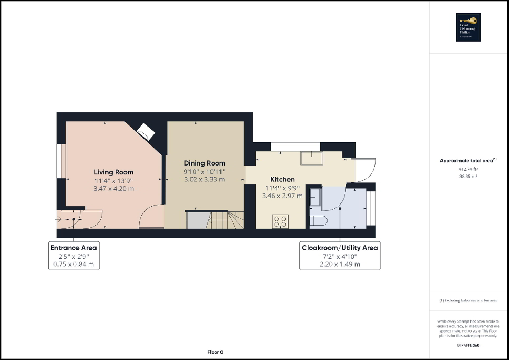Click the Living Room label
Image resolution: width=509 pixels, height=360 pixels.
[x=113, y=172]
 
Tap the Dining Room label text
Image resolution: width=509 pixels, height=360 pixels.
[x=204, y=163]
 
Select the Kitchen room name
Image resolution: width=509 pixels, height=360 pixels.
[x=282, y=180]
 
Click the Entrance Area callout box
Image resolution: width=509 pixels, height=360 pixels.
[x=73, y=256]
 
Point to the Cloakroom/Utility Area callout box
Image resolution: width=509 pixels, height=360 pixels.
[x=339, y=256]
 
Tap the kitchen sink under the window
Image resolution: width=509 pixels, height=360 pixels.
[x=310, y=158]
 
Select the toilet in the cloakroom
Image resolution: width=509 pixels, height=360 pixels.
[x=318, y=220]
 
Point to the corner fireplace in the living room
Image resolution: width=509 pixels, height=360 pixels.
[x=146, y=131]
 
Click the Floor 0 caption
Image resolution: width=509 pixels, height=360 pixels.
[x=215, y=352]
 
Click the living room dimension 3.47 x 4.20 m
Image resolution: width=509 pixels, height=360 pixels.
[x=113, y=188]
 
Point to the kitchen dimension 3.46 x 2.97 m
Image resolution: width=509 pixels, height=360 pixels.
[x=282, y=196]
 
